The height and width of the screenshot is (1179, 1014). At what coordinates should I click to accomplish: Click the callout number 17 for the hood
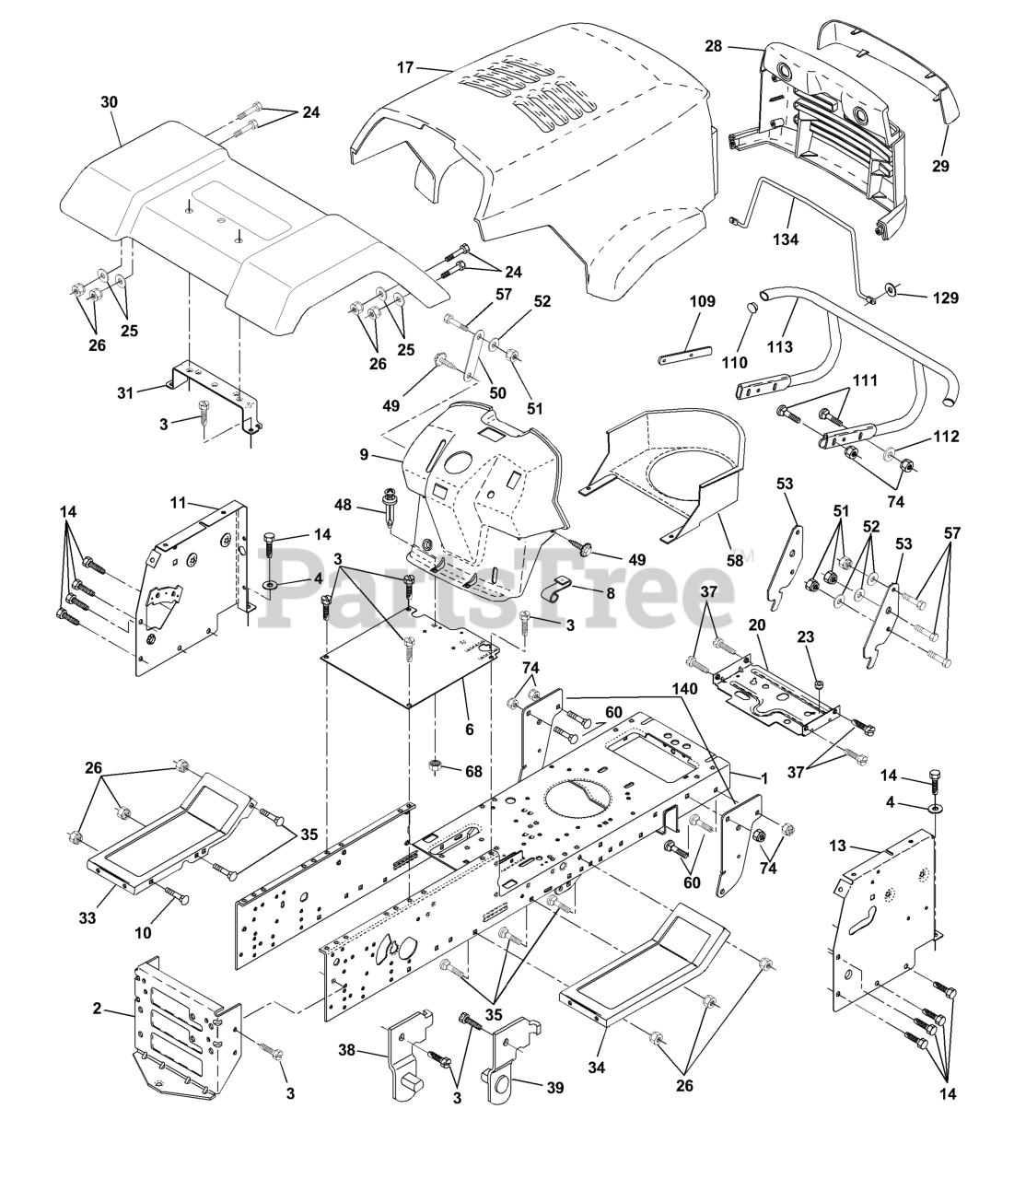(x=406, y=66)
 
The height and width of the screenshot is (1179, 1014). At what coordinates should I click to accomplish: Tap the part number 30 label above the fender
(x=109, y=102)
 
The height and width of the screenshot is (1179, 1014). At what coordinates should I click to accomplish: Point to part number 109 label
(x=702, y=301)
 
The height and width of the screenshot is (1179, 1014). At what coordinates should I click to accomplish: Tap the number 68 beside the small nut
(x=474, y=771)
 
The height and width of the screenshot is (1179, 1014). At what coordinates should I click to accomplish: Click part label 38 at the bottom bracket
(x=347, y=1049)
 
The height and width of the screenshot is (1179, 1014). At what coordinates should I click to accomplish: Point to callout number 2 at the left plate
(x=98, y=1009)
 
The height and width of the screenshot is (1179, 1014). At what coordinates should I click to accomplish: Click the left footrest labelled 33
(x=166, y=829)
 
